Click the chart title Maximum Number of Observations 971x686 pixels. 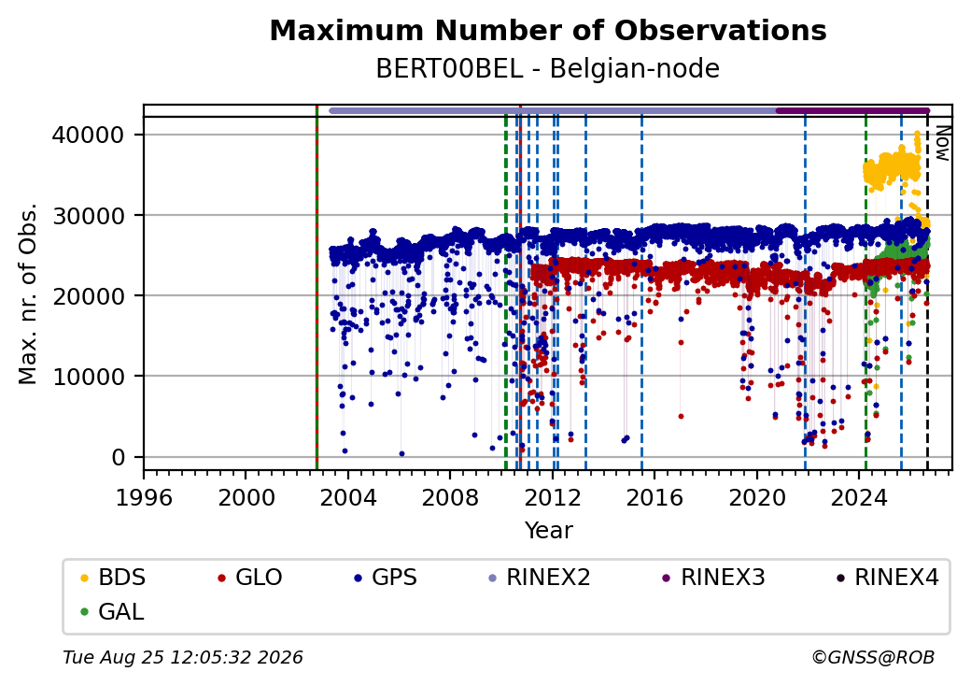pyautogui.click(x=548, y=30)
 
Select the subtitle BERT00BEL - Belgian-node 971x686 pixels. pyautogui.click(x=548, y=69)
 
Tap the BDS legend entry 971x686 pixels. pyautogui.click(x=113, y=578)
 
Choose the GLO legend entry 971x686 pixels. pyautogui.click(x=250, y=578)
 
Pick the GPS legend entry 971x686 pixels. pyautogui.click(x=386, y=578)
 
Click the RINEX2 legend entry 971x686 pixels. pyautogui.click(x=540, y=578)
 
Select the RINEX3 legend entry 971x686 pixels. pyautogui.click(x=714, y=578)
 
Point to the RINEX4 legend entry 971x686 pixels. pyautogui.click(x=888, y=578)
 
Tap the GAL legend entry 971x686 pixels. pyautogui.click(x=112, y=611)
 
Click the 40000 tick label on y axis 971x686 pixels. pyautogui.click(x=89, y=136)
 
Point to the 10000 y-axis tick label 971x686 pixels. pyautogui.click(x=89, y=377)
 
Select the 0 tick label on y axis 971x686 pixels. pyautogui.click(x=119, y=457)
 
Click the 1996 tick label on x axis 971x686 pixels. pyautogui.click(x=144, y=497)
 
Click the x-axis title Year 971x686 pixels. pyautogui.click(x=548, y=531)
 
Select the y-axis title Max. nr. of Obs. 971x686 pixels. pyautogui.click(x=28, y=293)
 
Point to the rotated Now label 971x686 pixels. pyautogui.click(x=942, y=144)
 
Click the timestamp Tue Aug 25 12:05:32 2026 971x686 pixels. pyautogui.click(x=183, y=657)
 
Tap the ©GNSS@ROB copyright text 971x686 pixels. pyautogui.click(x=873, y=657)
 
